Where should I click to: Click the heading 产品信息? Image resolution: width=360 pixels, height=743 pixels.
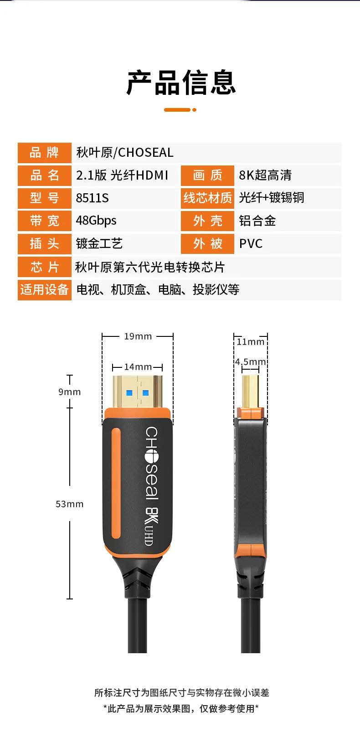click(181, 83)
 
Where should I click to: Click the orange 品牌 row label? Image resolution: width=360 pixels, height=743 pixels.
click(44, 152)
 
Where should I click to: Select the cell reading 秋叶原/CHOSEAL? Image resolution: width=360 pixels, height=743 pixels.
click(125, 152)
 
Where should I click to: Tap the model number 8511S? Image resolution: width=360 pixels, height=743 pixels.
click(93, 198)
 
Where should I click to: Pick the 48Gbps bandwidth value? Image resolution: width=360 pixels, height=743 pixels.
click(96, 221)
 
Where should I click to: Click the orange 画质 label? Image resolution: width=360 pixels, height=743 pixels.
click(207, 175)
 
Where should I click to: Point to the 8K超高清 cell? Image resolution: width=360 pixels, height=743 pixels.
click(265, 175)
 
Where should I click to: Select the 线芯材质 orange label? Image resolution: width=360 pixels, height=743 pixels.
click(207, 198)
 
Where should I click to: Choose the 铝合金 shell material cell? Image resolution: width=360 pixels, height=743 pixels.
click(257, 221)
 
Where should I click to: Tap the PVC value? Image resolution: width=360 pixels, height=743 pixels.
click(251, 243)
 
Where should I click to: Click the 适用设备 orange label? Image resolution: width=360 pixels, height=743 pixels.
click(44, 289)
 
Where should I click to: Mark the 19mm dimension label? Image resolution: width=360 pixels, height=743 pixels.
click(138, 336)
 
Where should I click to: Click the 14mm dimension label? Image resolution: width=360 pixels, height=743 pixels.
click(138, 367)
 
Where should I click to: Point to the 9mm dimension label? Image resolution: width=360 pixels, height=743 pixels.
click(69, 392)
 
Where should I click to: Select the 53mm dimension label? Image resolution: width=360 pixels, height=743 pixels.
click(69, 504)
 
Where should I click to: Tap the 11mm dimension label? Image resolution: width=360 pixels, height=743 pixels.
click(250, 342)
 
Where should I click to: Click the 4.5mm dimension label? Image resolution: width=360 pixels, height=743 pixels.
click(250, 362)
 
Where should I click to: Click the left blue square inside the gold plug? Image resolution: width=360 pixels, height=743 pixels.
click(129, 393)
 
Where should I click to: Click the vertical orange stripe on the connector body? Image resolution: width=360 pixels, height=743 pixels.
click(116, 483)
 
